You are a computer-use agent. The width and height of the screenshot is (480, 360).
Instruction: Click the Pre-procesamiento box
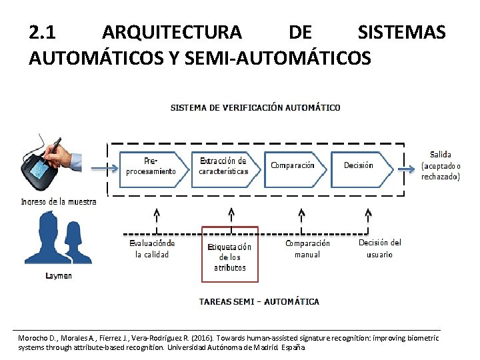tap(151, 167)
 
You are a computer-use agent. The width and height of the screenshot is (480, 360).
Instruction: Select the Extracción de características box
tap(224, 167)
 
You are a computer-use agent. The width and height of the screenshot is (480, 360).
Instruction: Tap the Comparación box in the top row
tap(295, 167)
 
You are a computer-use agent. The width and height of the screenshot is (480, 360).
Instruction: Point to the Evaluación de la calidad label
tap(152, 249)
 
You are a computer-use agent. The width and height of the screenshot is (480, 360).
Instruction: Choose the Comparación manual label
tap(307, 249)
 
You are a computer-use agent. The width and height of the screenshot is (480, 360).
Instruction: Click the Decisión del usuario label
tap(379, 248)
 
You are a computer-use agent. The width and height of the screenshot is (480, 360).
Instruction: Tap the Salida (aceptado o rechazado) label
tap(441, 166)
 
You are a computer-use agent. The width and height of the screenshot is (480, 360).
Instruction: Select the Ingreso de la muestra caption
tap(59, 201)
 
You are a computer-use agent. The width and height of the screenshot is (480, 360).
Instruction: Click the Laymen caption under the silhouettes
tap(59, 275)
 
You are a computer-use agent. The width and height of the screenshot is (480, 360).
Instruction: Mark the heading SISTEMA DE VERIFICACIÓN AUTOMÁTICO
tap(255, 107)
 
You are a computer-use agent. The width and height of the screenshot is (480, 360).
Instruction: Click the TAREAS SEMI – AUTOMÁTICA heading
tap(259, 301)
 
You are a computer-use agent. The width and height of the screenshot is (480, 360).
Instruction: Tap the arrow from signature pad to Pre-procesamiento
tap(103, 169)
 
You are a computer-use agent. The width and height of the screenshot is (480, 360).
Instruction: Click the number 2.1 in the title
tap(45, 32)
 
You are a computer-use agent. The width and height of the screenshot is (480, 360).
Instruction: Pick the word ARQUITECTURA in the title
tap(172, 32)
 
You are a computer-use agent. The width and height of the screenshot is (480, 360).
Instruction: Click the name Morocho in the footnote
tap(33, 339)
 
